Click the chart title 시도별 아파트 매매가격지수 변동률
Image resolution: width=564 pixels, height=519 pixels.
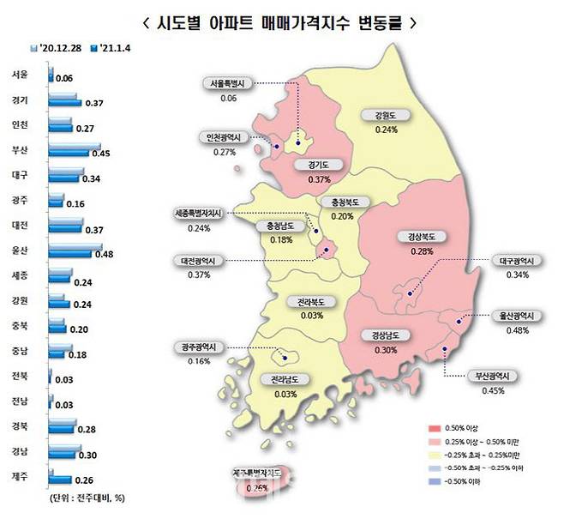(x=281, y=22)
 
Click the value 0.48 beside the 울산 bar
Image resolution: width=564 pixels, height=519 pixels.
(x=104, y=256)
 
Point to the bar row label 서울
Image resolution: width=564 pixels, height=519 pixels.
(x=19, y=75)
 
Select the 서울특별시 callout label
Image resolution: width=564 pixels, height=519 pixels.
(x=228, y=84)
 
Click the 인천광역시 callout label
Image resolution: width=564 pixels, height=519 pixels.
(x=224, y=137)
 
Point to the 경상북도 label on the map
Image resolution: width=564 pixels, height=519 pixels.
(x=417, y=236)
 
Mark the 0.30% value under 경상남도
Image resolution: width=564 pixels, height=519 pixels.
(x=385, y=350)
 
